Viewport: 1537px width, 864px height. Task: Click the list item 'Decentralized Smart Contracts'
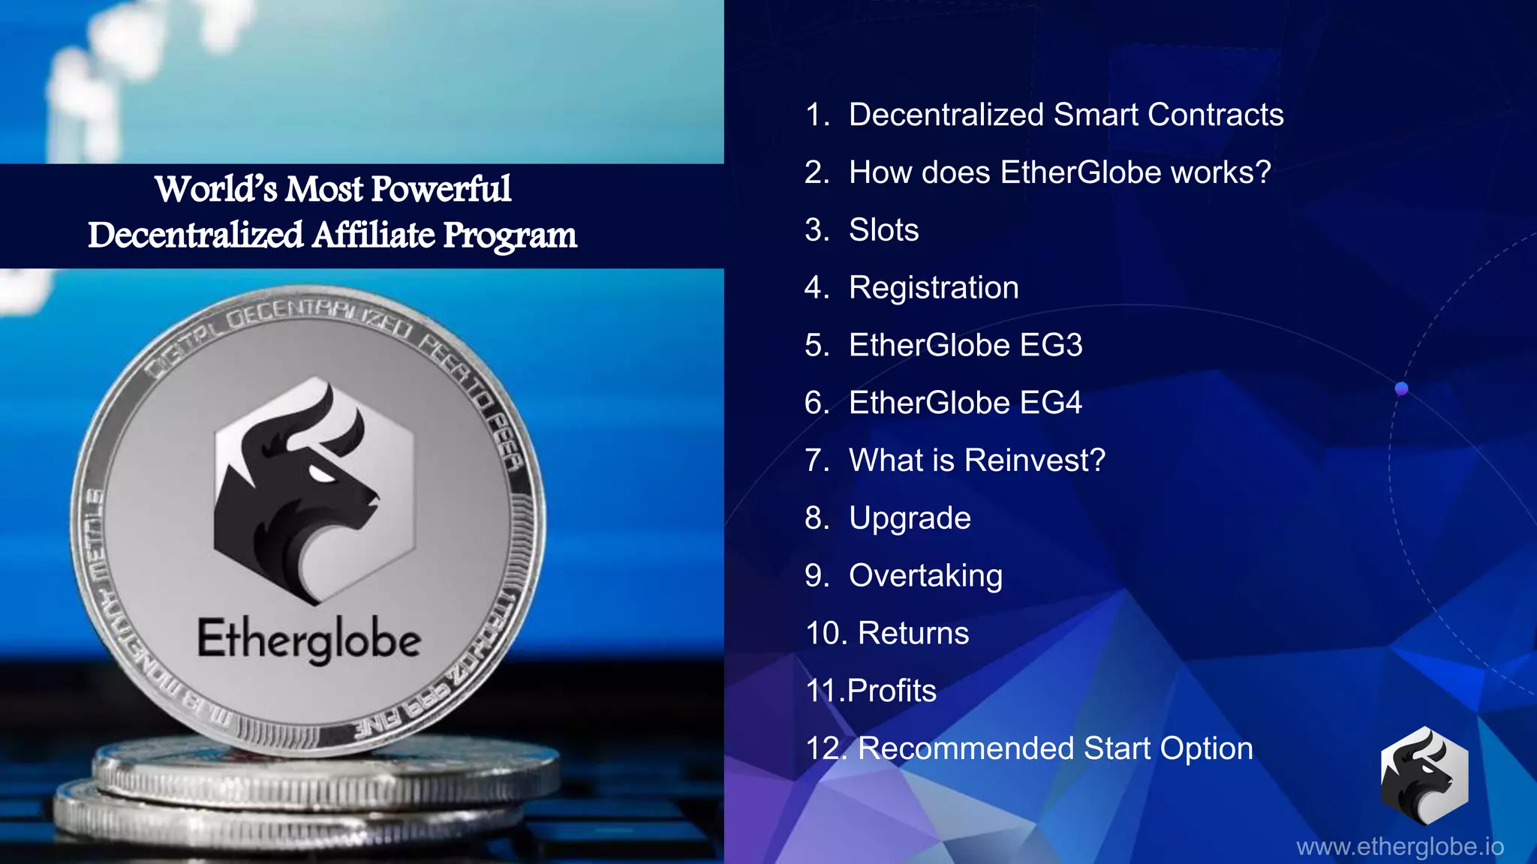[1066, 115]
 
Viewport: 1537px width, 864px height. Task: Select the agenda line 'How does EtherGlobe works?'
[1060, 172]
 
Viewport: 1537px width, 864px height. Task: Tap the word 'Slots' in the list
[883, 230]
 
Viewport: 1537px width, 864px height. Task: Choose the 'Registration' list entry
[934, 288]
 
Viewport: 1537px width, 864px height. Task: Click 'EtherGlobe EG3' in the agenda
[965, 346]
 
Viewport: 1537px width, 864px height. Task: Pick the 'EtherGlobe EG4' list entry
[965, 403]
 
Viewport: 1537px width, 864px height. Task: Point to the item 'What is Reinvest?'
[976, 460]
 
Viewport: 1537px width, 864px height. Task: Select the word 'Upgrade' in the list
[910, 518]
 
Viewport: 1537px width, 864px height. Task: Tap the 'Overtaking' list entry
[925, 576]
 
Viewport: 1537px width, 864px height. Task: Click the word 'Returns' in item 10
[913, 633]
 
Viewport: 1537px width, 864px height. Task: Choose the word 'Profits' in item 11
[892, 691]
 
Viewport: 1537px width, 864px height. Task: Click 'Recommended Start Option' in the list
[1055, 748]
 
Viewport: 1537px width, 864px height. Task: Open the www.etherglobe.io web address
[1400, 847]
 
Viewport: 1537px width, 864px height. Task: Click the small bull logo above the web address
[1424, 775]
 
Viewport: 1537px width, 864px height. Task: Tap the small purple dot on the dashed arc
[1401, 388]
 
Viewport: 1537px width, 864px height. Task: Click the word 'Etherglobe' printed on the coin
[308, 640]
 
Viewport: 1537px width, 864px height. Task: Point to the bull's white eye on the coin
[323, 474]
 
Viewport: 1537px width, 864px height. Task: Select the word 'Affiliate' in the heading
[373, 235]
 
